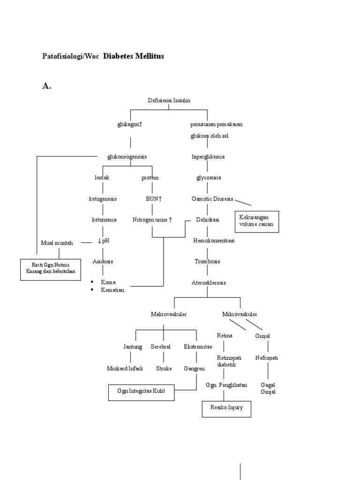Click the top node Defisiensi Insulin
[169, 100]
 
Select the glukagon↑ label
[129, 125]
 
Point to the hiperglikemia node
[208, 157]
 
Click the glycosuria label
[209, 178]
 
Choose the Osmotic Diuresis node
[212, 199]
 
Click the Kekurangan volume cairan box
[256, 221]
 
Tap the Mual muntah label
[57, 243]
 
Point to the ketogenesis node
[103, 199]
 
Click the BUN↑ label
[154, 199]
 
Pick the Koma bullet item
[108, 282]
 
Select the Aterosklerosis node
[209, 283]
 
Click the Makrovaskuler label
[169, 314]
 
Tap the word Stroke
[164, 368]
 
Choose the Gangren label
[194, 368]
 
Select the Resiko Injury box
[226, 408]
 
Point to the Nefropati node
[267, 358]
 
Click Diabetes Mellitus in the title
[134, 56]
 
